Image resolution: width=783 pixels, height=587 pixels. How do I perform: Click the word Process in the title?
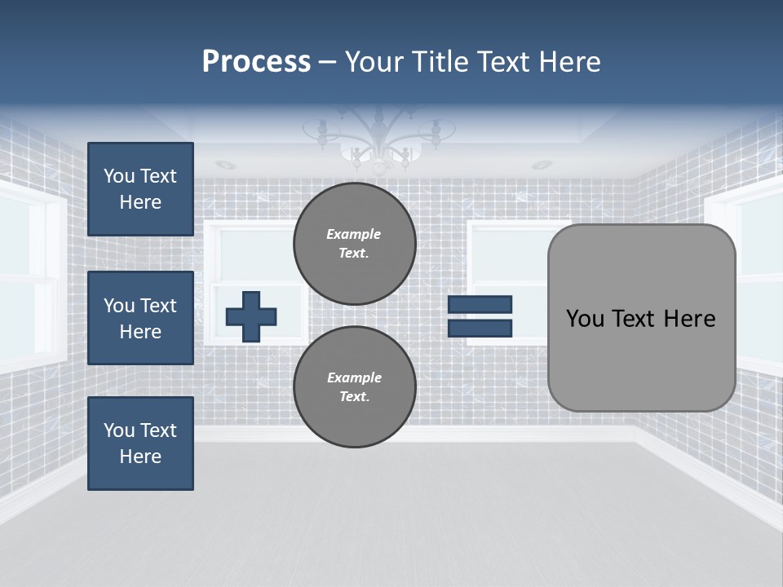[256, 62]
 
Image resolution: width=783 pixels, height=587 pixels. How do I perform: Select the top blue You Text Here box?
[140, 189]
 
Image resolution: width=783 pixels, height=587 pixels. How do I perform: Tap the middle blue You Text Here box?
[140, 318]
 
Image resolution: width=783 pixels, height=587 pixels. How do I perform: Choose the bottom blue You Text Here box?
[140, 444]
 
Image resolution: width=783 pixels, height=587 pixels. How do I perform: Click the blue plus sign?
[251, 316]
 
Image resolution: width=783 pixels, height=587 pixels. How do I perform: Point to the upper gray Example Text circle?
[355, 243]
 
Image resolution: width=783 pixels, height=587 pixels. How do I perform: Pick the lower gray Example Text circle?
[355, 386]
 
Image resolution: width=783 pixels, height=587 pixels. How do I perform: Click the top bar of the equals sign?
[480, 304]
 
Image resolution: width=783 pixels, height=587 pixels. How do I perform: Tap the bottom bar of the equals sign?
[480, 329]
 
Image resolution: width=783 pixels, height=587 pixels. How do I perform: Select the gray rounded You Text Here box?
[641, 318]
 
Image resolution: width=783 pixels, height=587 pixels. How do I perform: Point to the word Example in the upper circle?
[353, 234]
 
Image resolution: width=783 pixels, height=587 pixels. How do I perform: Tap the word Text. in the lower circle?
[354, 396]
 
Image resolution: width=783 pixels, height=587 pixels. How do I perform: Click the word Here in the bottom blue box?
[140, 457]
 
